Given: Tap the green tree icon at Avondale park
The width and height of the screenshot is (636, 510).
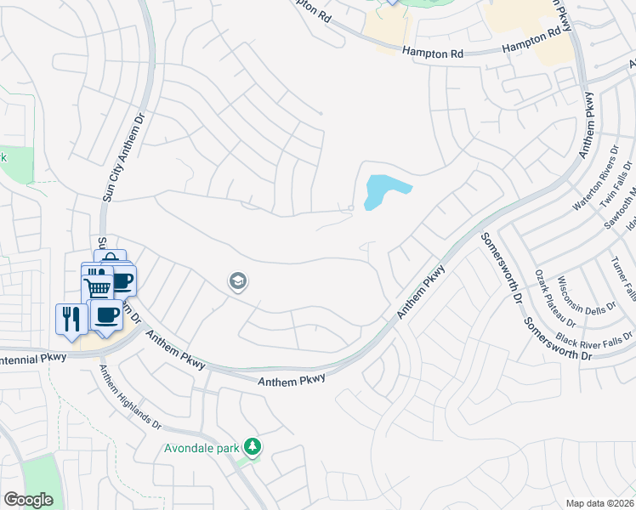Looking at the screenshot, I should click(x=252, y=446).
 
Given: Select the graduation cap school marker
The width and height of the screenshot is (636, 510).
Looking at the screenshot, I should click(x=238, y=281).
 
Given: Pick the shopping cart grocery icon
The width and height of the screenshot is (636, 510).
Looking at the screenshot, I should click(x=97, y=287).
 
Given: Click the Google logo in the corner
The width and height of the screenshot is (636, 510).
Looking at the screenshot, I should click(x=28, y=500).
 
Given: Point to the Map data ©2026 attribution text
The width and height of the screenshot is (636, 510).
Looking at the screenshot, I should click(x=599, y=503).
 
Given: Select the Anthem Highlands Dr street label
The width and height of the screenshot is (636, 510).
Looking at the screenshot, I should click(x=128, y=396).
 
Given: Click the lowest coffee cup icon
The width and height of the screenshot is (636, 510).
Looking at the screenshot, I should click(x=106, y=317).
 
